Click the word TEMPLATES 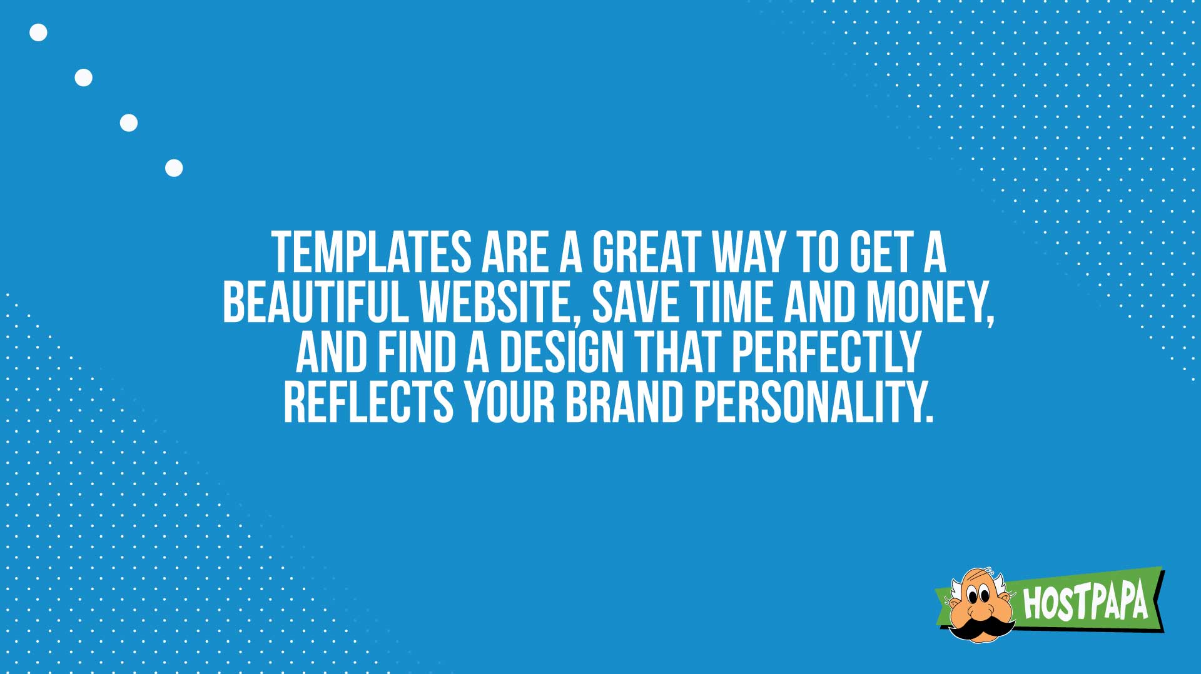click(x=372, y=253)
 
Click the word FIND click(x=417, y=352)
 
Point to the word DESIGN click(x=561, y=352)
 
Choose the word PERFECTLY click(x=826, y=352)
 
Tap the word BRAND click(x=624, y=401)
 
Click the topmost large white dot click(x=38, y=33)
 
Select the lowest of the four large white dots click(x=174, y=168)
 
